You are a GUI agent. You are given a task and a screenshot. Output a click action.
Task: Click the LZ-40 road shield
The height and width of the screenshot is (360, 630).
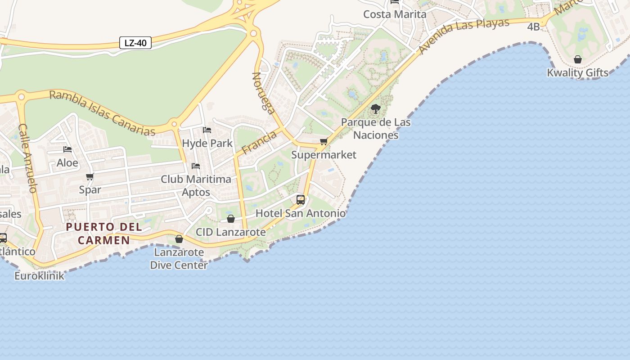[x=135, y=43]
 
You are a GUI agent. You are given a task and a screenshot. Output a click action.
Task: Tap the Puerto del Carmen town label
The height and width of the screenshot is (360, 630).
[x=104, y=234]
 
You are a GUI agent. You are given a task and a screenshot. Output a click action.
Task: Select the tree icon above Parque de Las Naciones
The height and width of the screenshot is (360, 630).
[x=375, y=109]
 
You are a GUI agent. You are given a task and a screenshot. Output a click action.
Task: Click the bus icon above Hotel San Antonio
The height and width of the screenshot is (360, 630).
[x=301, y=200]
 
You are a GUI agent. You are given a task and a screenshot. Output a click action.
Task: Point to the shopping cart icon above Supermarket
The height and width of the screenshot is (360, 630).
[x=324, y=142]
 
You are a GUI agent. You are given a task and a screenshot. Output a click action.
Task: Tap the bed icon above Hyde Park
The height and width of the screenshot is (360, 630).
[x=207, y=130]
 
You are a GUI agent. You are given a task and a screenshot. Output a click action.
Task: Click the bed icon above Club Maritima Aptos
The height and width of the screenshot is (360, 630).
[x=196, y=166]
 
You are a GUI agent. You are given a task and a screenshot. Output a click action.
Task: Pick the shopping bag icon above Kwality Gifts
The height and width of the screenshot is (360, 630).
[x=578, y=59]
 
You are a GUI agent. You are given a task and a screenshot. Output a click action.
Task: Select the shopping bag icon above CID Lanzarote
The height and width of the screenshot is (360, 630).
[x=231, y=219]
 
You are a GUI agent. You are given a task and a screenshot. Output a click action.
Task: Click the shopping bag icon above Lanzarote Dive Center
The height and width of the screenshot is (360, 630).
[x=179, y=239]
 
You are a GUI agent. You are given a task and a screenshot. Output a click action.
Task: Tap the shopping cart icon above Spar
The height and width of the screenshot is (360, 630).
[x=90, y=177]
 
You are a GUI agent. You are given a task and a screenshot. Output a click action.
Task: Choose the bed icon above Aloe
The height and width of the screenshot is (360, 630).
[x=67, y=149]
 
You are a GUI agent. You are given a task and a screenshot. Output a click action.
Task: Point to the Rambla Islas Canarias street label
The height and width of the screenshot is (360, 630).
[x=102, y=112]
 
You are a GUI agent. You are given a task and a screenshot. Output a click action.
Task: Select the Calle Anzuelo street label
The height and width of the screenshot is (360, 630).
[x=27, y=158]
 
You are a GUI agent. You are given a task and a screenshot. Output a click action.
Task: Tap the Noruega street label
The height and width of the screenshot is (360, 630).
[x=264, y=93]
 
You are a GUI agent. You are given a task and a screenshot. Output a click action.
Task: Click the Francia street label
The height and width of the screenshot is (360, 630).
[x=259, y=142]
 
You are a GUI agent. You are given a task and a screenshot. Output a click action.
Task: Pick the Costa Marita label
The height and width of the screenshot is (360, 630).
[x=395, y=14]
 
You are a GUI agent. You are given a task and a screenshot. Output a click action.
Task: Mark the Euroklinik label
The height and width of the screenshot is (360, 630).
[x=39, y=276]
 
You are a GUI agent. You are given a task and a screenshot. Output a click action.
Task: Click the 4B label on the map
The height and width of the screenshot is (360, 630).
[x=533, y=27]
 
